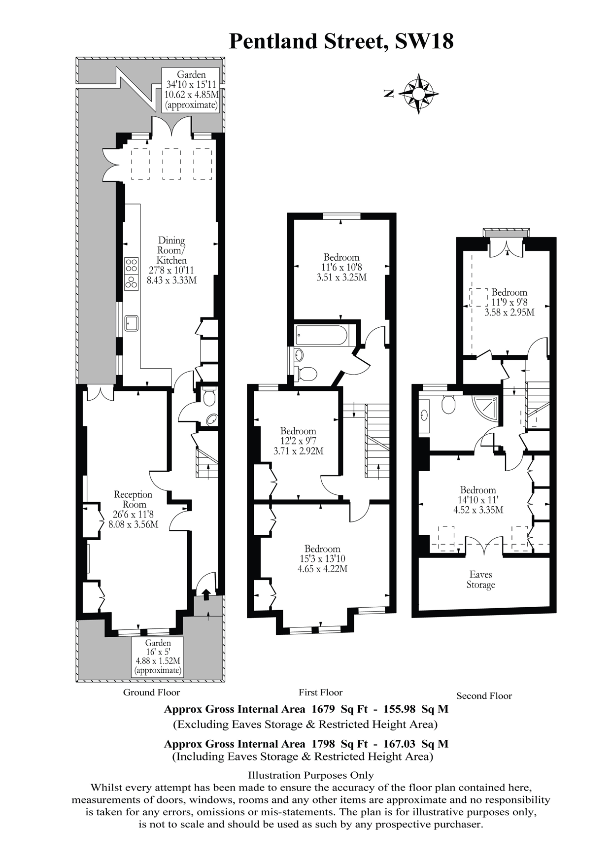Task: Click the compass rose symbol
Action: click(x=418, y=93)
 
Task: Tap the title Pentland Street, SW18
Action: click(x=341, y=41)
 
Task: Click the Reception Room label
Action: click(x=133, y=509)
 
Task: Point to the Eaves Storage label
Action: click(x=480, y=580)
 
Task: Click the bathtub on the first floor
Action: click(x=322, y=335)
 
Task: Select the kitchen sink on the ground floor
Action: click(x=132, y=323)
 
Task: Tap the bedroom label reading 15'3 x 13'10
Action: click(x=322, y=559)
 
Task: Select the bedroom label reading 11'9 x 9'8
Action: click(x=509, y=302)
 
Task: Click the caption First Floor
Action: click(x=320, y=692)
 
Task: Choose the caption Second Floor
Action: click(x=484, y=696)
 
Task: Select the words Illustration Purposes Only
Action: click(x=311, y=775)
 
